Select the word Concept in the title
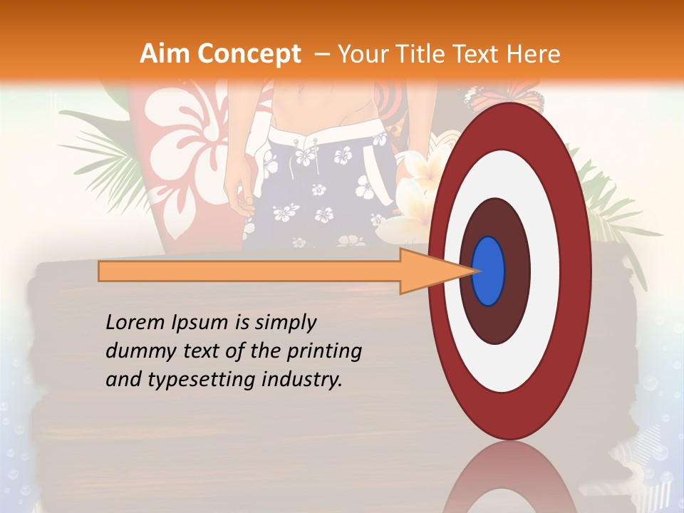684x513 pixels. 248,53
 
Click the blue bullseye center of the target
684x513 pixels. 488,271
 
